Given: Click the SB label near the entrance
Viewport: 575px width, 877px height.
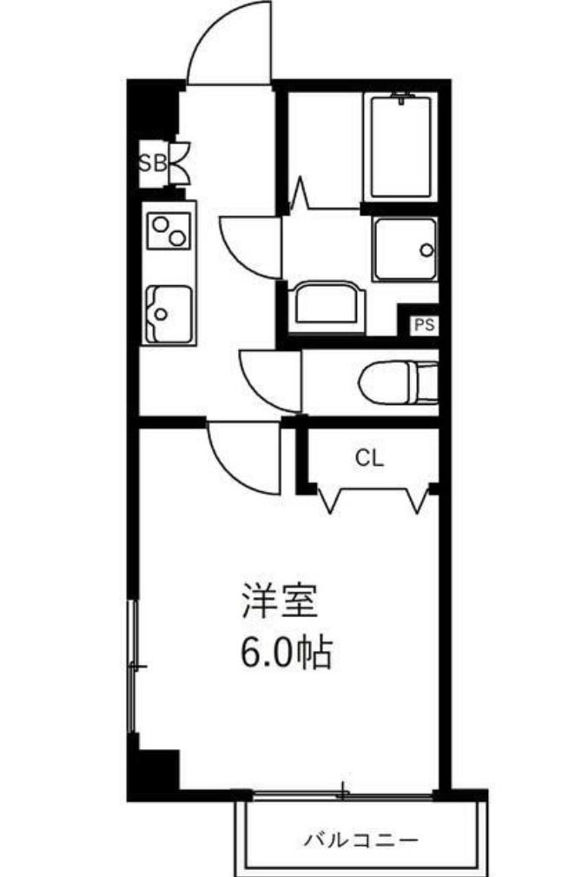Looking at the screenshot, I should (153, 163).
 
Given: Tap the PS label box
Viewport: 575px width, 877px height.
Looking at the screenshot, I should (424, 326).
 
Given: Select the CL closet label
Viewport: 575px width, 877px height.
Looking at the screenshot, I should (368, 458).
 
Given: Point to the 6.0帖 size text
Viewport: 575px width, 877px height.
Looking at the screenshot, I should (287, 652).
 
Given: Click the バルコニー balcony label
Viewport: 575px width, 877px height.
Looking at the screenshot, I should (360, 840).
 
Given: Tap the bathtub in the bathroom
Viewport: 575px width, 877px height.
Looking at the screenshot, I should (400, 146).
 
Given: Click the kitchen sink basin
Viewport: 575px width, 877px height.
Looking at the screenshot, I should (169, 313).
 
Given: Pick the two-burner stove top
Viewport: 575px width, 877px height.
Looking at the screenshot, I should (169, 229).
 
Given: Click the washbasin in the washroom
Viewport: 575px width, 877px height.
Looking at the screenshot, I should (326, 306).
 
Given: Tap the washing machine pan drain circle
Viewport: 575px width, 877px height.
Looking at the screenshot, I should (426, 249).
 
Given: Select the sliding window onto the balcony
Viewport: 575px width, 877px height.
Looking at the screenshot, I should (343, 793).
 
